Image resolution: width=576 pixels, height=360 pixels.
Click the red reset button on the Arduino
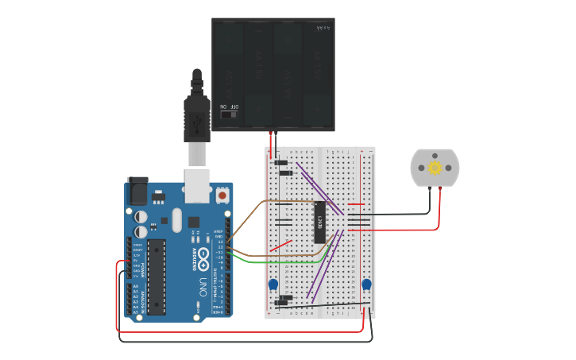(x=222, y=195)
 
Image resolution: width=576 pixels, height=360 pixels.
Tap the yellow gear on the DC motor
(x=435, y=168)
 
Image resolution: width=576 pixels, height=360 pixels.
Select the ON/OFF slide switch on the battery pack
(x=229, y=114)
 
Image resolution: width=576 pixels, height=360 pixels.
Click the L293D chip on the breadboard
(x=320, y=221)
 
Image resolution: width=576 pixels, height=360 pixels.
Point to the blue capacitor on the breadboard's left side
(x=273, y=285)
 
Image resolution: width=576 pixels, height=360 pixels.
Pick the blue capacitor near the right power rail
(x=366, y=285)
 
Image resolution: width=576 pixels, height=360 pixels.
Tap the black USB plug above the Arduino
(x=196, y=115)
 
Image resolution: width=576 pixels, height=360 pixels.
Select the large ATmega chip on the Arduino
(x=157, y=273)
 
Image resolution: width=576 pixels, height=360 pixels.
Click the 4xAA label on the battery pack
(x=323, y=28)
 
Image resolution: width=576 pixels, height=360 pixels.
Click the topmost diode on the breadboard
(x=280, y=163)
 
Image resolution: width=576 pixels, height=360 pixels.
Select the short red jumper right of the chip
(x=356, y=204)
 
